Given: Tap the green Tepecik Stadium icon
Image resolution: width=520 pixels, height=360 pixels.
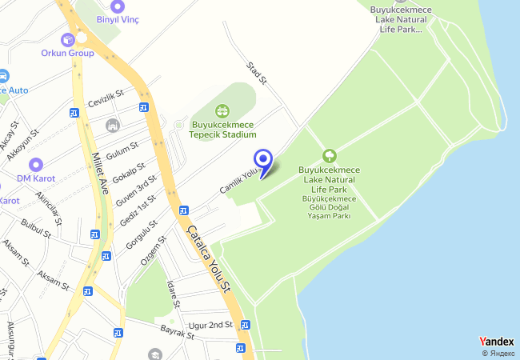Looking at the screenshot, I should coord(222,111).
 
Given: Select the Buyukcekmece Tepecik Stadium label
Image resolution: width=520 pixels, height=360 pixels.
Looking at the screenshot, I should coord(223,130).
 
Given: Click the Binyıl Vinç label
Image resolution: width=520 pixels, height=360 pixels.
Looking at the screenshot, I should coord(118,19).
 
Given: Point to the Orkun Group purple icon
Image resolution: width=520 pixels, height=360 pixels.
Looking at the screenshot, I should coord(67,38).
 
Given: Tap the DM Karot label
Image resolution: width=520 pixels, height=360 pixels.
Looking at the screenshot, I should coord(34,178).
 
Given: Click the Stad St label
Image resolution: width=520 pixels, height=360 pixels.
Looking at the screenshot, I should coord(256,73).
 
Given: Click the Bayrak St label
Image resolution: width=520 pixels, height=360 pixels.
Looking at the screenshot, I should coord(178,332).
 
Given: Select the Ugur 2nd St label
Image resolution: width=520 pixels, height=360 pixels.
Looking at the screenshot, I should coord(210,325).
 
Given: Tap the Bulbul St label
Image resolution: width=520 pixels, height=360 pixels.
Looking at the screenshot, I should coord(37,230).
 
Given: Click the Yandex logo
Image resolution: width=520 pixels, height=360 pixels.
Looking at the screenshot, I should coord(496,342).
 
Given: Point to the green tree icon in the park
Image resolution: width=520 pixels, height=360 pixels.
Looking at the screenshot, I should coord(328,155).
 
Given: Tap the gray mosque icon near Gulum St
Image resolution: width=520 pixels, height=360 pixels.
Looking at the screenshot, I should coord(112,126).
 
